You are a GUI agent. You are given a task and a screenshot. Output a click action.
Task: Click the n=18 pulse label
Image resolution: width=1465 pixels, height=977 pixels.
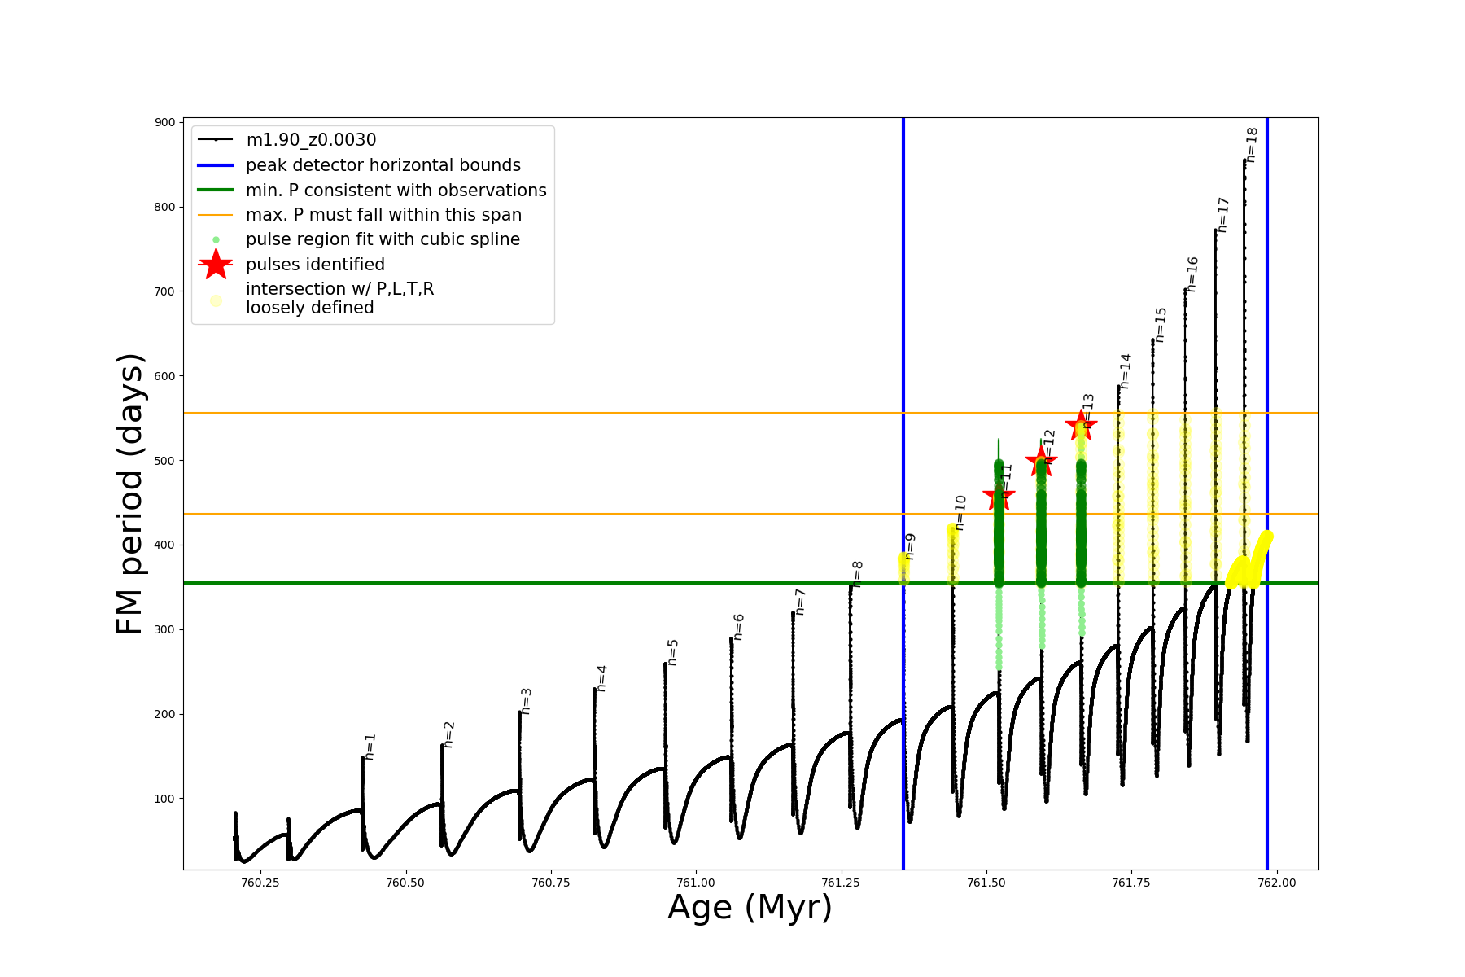1252,145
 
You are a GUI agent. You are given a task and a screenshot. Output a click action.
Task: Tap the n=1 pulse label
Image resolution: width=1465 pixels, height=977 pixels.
370,747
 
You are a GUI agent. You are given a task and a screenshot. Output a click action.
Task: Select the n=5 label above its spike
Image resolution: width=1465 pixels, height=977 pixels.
673,652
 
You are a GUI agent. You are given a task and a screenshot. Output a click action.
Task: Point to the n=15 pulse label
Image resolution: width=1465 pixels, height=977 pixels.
1161,324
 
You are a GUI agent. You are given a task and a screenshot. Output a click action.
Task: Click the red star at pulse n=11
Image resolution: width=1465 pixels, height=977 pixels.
999,496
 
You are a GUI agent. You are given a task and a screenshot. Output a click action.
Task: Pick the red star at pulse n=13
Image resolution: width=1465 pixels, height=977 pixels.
1081,424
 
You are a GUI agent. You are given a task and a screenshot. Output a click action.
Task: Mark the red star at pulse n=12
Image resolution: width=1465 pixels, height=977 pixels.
1040,462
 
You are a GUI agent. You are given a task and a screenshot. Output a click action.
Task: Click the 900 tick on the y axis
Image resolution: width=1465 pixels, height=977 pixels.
165,122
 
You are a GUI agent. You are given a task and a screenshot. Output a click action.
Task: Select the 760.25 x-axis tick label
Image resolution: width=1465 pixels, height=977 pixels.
260,883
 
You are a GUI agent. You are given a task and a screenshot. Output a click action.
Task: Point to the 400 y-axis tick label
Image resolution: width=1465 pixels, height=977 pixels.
165,545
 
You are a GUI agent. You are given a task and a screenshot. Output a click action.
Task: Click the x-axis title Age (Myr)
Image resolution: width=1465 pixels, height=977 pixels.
750,908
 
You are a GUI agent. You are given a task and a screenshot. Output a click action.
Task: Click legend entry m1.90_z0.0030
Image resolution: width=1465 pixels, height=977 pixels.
311,140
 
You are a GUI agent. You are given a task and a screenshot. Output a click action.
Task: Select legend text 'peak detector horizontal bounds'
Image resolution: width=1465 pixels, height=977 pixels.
383,165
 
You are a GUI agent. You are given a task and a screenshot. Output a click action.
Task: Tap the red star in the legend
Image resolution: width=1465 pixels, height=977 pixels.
216,264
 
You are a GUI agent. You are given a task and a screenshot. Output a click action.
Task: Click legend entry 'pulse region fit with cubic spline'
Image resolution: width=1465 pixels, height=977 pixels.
383,239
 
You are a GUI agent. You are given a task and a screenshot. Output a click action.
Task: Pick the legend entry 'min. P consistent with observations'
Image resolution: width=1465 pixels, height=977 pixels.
396,191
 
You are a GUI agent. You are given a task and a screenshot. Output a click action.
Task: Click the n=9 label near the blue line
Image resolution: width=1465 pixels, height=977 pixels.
911,546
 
